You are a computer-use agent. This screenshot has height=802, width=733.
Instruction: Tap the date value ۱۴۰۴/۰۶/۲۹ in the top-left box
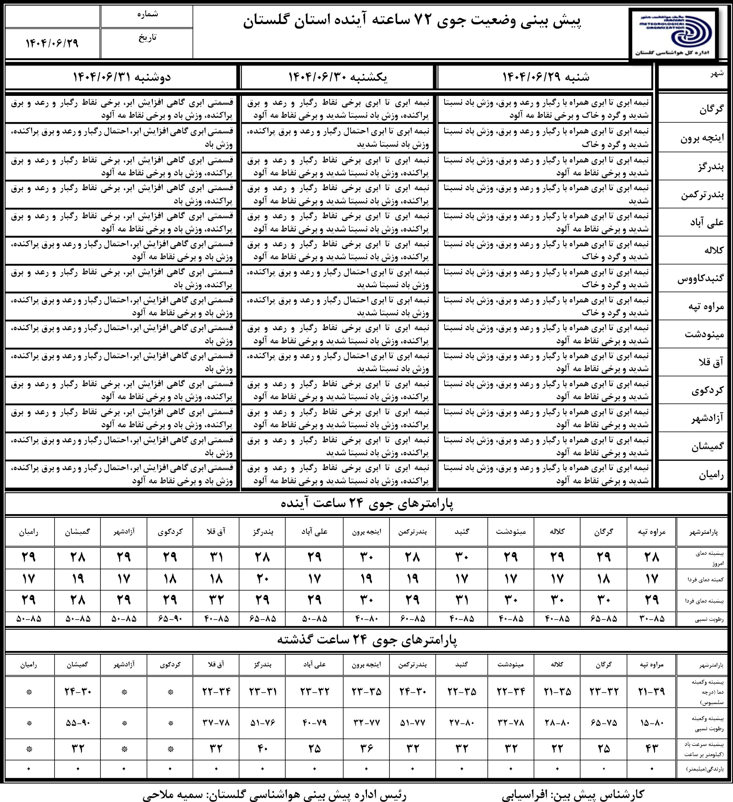coord(52,43)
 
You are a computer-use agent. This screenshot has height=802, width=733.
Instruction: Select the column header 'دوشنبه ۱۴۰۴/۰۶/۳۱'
coord(121,77)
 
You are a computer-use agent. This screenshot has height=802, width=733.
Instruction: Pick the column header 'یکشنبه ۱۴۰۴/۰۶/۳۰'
coord(337,77)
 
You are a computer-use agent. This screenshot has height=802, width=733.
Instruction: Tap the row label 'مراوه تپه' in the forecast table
coord(706,306)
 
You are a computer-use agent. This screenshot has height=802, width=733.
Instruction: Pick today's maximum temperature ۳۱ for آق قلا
coord(216,557)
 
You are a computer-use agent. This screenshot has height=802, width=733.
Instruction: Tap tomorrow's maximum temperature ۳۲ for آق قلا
coord(216,600)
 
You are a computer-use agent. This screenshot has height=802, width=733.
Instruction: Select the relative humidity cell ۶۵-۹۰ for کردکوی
coord(170,619)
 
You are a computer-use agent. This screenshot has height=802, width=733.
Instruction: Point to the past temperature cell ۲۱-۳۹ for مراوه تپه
coord(652,691)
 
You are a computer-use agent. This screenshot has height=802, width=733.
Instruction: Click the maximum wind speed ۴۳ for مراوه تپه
coord(652,749)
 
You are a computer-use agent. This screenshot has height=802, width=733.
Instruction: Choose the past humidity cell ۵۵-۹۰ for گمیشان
coord(78,722)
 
